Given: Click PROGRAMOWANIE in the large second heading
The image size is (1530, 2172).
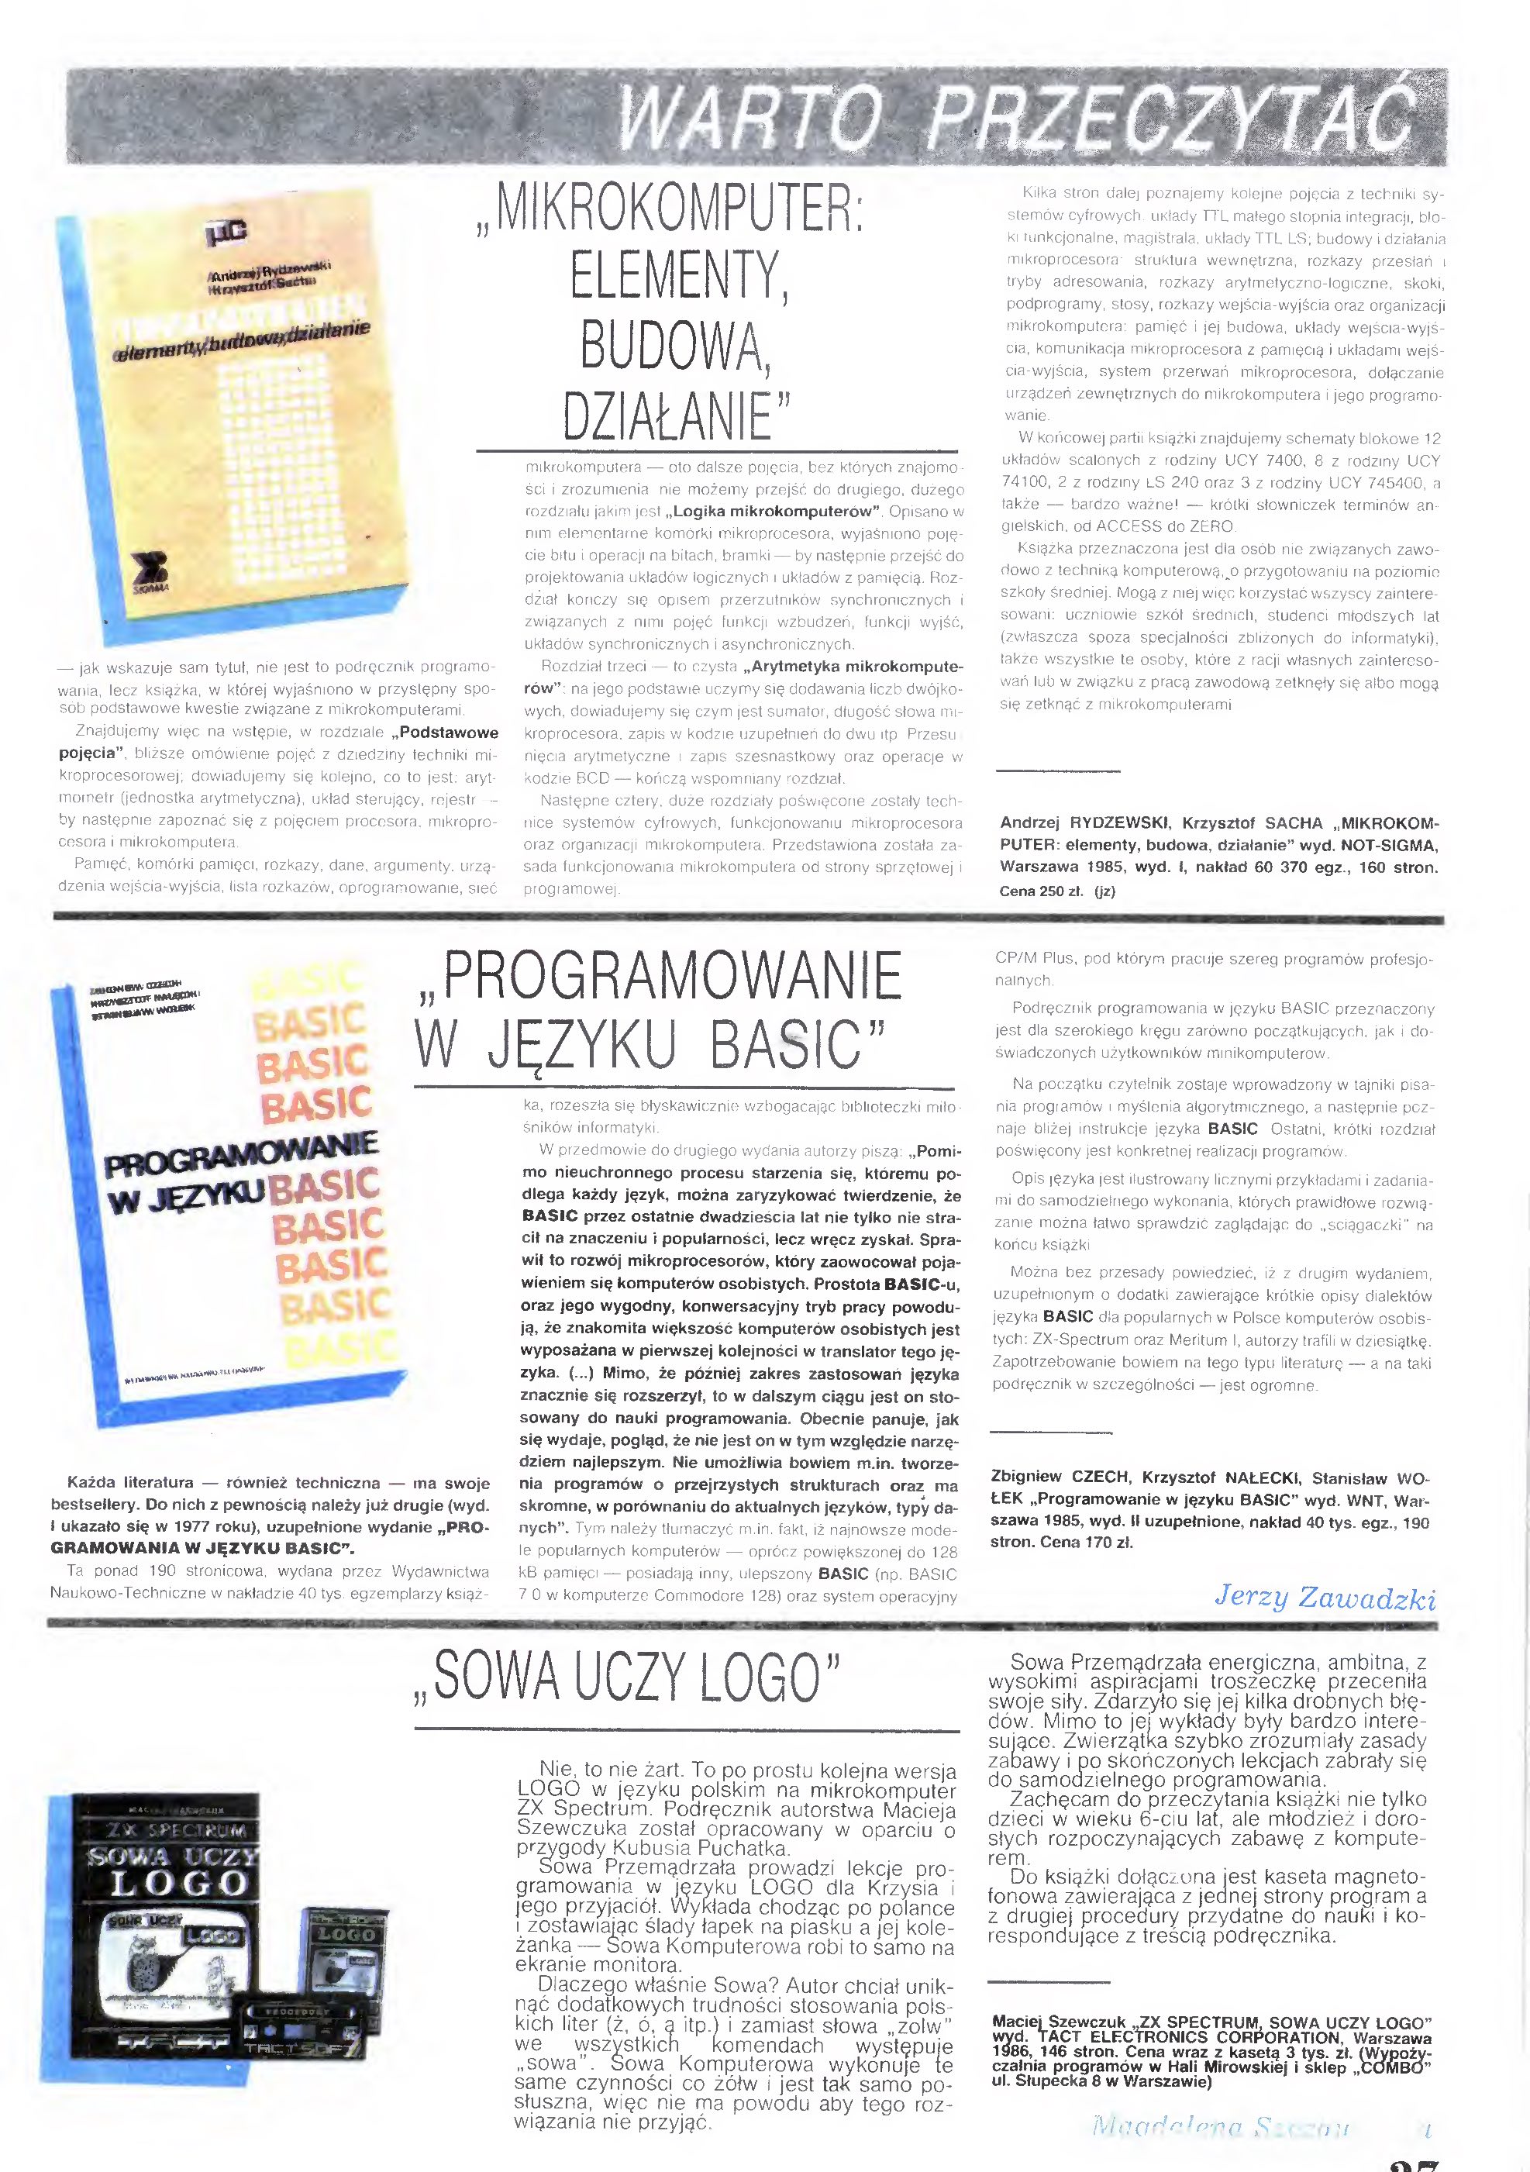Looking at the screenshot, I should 670,976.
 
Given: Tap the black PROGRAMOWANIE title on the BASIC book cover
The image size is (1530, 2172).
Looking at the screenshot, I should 242,1156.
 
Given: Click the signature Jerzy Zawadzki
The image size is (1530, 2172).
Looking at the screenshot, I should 1325,1598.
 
